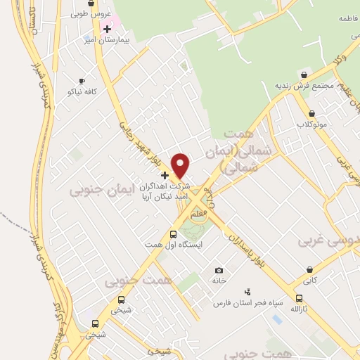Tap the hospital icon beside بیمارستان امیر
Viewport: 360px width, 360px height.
pos(107,29)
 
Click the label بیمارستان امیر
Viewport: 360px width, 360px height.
pos(107,41)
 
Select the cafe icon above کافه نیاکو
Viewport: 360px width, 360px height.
pos(82,81)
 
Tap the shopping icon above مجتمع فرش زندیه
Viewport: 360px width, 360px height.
pos(303,75)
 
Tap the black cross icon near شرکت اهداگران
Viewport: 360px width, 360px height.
pos(165,174)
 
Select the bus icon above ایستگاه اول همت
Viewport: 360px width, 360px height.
pos(173,234)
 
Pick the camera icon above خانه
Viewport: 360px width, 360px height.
pos(219,270)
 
